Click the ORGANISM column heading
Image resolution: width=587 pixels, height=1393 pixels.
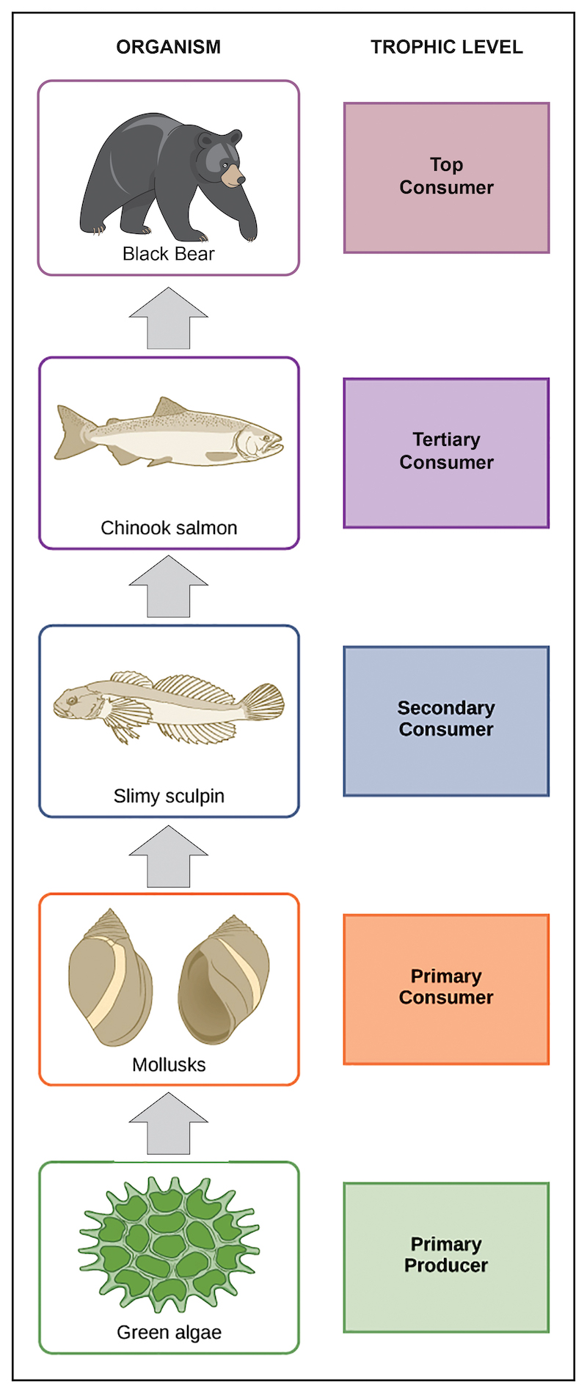tap(168, 47)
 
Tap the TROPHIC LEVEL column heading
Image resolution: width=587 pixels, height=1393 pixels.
tap(446, 47)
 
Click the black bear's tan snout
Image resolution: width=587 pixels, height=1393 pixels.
tap(234, 176)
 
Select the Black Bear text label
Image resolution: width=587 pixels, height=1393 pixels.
tap(168, 254)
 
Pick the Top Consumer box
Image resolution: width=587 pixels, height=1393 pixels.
tap(446, 178)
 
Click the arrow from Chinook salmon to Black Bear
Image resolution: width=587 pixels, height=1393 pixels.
tap(169, 319)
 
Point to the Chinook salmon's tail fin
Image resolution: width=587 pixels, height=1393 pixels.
tap(73, 433)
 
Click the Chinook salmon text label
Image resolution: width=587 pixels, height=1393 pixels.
tap(169, 528)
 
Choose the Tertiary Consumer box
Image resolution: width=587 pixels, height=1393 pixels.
tap(446, 453)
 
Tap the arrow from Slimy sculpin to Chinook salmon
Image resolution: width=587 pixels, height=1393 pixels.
tap(169, 587)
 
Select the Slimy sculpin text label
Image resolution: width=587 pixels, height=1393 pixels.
tap(169, 796)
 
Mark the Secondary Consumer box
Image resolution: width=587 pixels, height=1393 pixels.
tap(446, 720)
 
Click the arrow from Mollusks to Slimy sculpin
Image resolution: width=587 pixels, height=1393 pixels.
tap(169, 857)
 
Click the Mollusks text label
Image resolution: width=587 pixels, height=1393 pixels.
tap(169, 1064)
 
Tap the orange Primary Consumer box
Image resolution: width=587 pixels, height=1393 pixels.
tap(446, 989)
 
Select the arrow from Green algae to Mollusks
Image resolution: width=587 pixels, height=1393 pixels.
tap(169, 1124)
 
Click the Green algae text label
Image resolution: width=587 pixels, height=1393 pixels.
tap(169, 1332)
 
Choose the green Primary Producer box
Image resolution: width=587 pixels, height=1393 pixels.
tap(446, 1257)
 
